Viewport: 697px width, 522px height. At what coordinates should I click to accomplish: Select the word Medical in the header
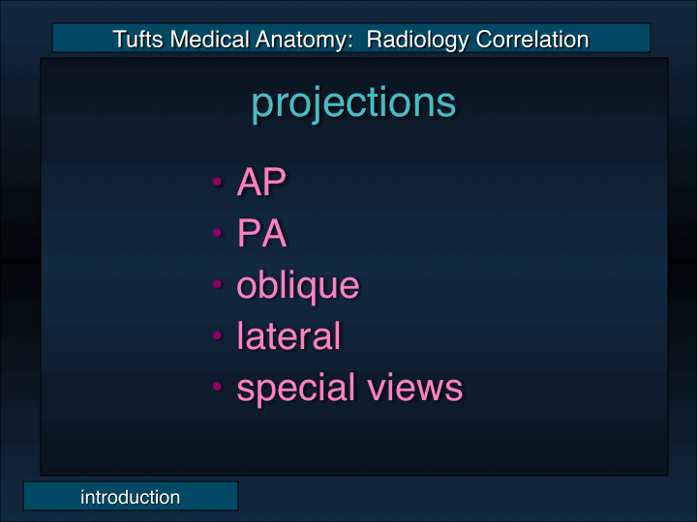205,40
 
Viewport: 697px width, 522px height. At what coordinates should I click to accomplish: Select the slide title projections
353,102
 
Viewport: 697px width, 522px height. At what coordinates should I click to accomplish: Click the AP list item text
262,183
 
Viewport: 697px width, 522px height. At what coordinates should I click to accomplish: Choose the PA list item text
262,234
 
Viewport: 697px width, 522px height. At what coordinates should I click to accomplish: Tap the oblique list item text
298,285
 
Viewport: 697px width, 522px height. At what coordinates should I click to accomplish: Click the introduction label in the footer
130,498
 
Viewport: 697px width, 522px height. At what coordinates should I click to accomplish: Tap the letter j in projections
312,103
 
